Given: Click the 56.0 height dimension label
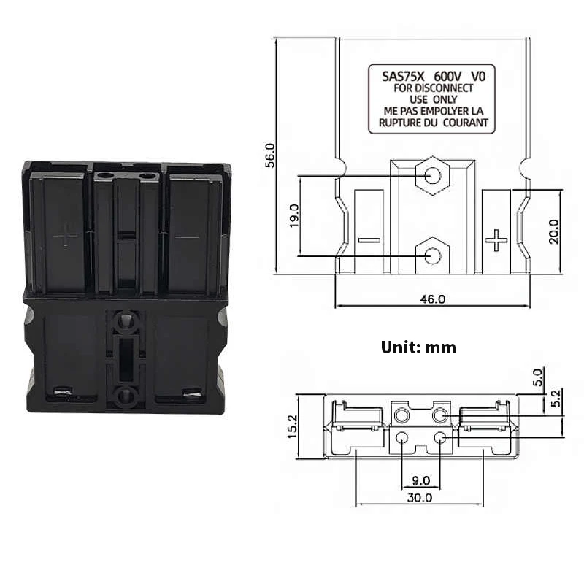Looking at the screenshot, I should coord(269,155).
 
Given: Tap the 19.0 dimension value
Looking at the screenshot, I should coord(293,215).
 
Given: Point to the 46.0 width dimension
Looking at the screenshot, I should coord(432,299).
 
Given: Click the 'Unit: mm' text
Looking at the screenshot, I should coord(418,347).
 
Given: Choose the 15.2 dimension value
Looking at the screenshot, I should coord(291,428).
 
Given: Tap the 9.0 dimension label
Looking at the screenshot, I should coord(421,481).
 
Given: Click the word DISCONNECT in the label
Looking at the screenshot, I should coord(446,88).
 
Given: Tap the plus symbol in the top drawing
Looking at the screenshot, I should coord(496,239).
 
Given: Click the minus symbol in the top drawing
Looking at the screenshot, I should coord(369,239).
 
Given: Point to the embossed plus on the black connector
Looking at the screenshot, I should coord(65,234).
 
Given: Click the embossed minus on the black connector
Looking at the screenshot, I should coord(187,237).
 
